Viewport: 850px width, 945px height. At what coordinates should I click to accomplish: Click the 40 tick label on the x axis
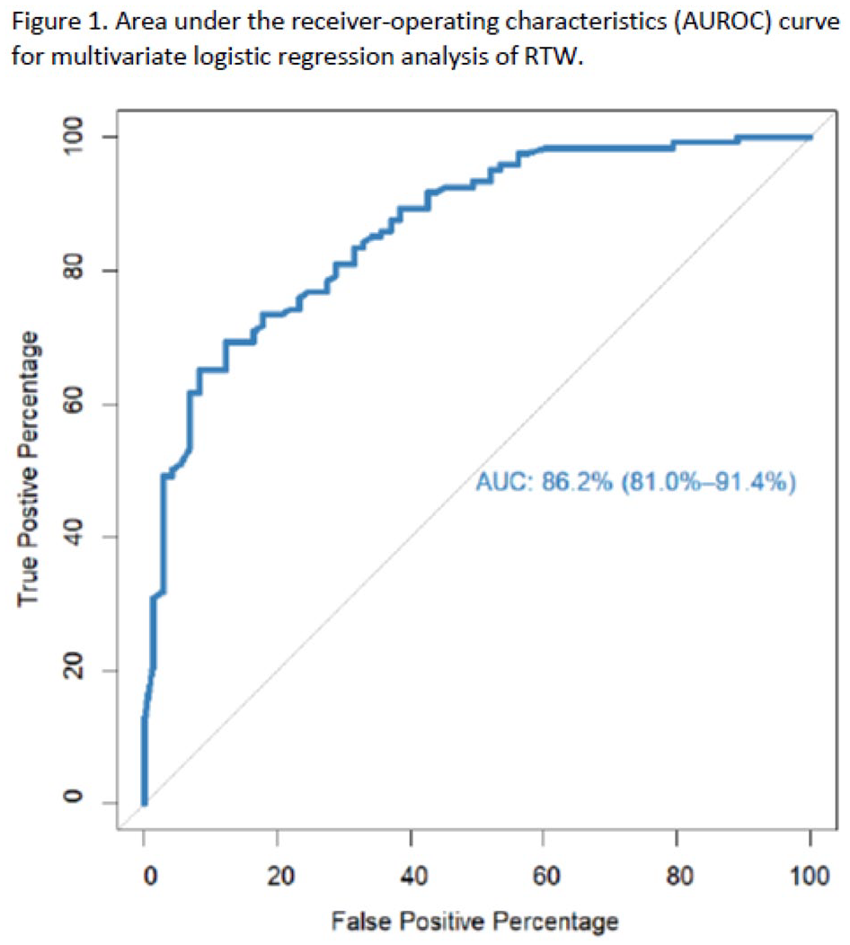click(414, 876)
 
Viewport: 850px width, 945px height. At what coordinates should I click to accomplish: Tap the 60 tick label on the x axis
click(546, 876)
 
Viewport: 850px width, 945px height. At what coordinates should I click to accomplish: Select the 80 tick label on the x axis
click(679, 876)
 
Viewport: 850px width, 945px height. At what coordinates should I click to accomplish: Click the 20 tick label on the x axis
click(280, 876)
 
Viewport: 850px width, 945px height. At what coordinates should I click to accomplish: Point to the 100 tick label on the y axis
click(74, 135)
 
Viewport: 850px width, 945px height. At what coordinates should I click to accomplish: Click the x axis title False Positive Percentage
click(474, 922)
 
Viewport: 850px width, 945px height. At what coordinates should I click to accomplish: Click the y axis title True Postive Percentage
click(29, 468)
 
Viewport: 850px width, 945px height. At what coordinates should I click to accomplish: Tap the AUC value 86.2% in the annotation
click(577, 482)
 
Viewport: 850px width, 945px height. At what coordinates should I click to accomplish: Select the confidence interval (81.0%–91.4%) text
click(708, 482)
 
